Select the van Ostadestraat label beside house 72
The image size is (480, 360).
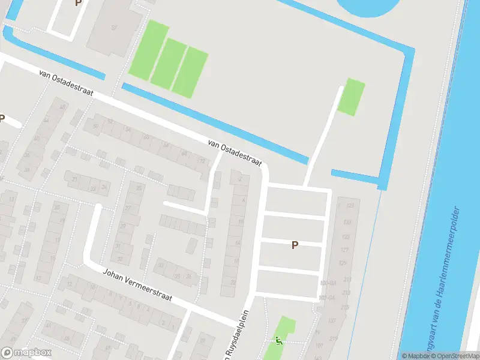(x=235, y=153)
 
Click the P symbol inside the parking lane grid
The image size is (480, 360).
(x=295, y=245)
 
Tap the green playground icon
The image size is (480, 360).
(x=278, y=340)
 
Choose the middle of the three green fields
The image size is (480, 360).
(x=169, y=62)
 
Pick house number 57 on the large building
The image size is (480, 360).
(x=114, y=28)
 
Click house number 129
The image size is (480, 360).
(x=343, y=263)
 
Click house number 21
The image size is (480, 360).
(x=74, y=179)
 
